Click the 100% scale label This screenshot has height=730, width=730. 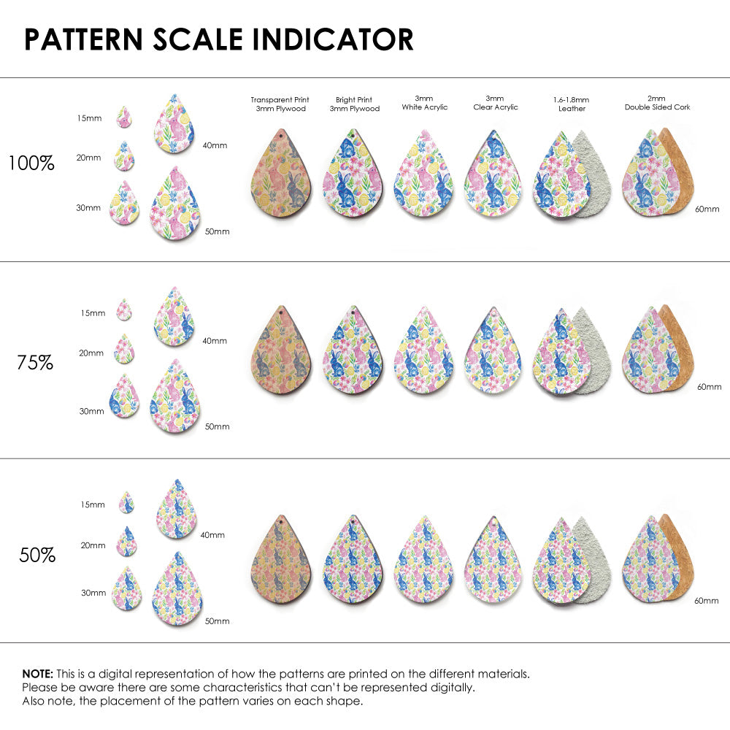pos(31,163)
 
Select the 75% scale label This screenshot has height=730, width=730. pos(35,361)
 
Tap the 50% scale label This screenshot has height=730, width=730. pos(37,555)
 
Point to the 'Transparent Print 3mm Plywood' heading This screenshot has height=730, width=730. pos(280,104)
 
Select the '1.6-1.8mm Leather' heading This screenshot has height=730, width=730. pos(572,104)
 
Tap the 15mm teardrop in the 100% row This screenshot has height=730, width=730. pos(124,117)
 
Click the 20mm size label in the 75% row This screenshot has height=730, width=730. pos(91,353)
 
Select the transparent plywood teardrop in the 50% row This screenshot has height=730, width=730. pos(281,561)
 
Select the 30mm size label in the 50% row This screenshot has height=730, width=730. pos(93,593)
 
